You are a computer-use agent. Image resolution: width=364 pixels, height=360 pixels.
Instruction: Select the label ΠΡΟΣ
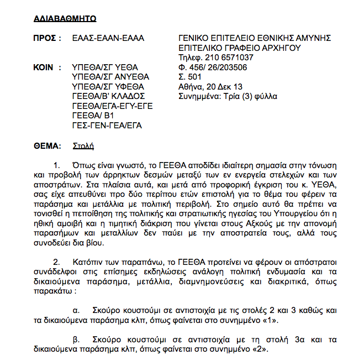coord(48,38)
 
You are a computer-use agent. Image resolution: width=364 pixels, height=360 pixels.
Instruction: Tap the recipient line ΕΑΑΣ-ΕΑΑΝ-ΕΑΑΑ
coord(108,38)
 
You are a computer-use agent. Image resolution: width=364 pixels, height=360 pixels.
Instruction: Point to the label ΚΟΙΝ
coord(47,67)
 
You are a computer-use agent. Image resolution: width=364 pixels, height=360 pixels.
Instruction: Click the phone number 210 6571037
coord(228,57)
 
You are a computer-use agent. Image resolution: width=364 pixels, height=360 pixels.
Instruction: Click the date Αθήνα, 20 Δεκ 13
coord(210,86)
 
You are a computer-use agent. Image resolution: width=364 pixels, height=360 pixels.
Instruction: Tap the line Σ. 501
coord(190,76)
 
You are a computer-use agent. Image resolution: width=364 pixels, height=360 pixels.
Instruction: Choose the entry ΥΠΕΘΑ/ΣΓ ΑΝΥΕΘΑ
coord(110,76)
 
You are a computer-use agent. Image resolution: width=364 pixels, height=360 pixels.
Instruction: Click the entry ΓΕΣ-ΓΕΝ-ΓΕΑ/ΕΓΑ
coord(107,125)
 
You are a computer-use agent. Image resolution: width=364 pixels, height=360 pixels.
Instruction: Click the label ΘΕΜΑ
coord(48,146)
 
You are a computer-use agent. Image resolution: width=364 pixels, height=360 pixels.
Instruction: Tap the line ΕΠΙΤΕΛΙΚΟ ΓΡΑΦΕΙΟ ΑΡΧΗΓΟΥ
coord(240,48)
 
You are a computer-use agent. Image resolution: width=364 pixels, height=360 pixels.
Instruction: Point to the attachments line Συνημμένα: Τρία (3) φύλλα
coord(228,96)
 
